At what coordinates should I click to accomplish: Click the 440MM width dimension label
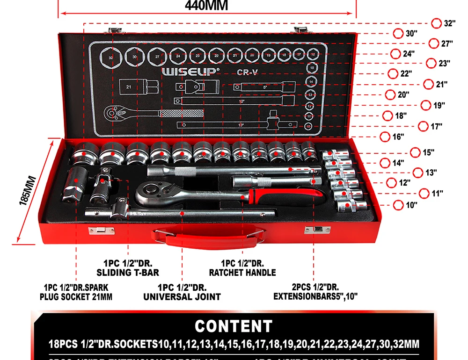[x=206, y=6]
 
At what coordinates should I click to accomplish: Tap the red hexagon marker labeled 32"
[x=436, y=23]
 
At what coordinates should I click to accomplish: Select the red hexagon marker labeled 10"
[x=398, y=205]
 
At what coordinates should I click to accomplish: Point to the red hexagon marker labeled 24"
[x=395, y=54]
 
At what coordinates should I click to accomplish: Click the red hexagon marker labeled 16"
[x=385, y=137]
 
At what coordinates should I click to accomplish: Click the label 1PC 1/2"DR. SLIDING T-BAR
[x=128, y=268]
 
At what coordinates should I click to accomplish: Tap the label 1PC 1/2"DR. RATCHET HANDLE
[x=242, y=268]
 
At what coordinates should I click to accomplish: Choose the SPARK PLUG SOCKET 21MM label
[x=76, y=292]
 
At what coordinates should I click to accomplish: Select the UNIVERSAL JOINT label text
[x=182, y=296]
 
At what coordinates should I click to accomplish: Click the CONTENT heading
[x=234, y=326]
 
